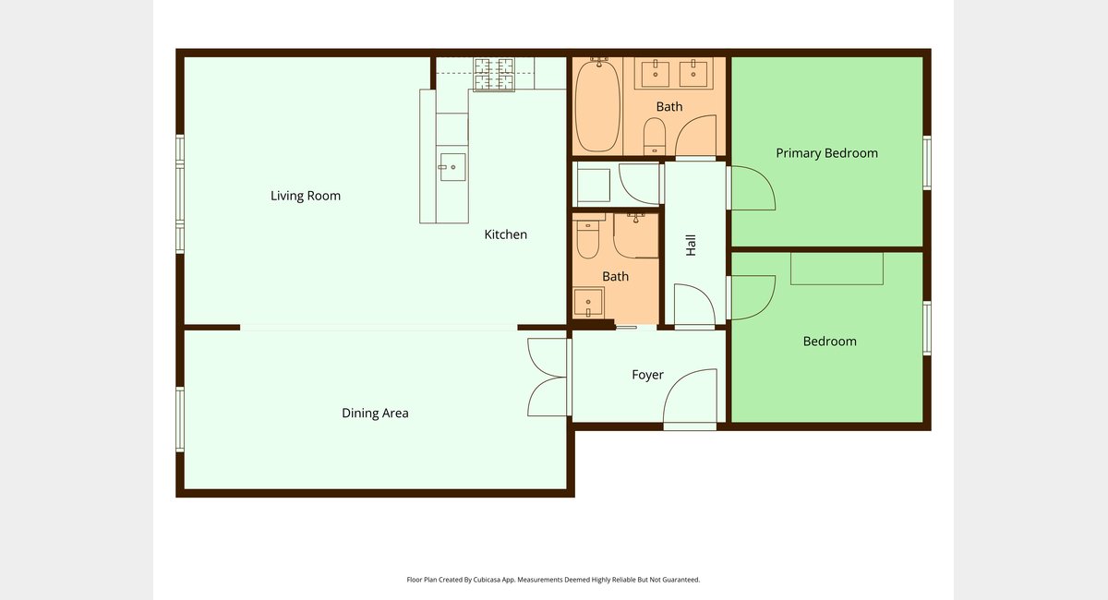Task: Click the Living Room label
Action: click(x=306, y=196)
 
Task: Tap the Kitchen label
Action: click(x=506, y=234)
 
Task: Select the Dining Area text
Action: click(x=375, y=413)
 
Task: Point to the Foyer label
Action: click(x=647, y=375)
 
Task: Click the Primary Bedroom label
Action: click(x=826, y=153)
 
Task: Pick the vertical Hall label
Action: click(x=691, y=246)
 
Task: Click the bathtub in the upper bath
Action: click(x=598, y=105)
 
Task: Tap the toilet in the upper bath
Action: click(x=655, y=136)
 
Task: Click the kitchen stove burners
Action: click(x=494, y=75)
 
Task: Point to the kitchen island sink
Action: click(x=452, y=167)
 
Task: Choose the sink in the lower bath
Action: click(x=588, y=302)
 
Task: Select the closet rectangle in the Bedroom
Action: click(x=837, y=269)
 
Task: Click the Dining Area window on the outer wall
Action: click(x=180, y=419)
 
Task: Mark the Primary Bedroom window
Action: click(x=927, y=162)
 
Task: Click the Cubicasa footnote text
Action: click(x=553, y=580)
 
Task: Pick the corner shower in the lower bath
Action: click(x=635, y=235)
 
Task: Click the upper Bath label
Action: click(x=669, y=107)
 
